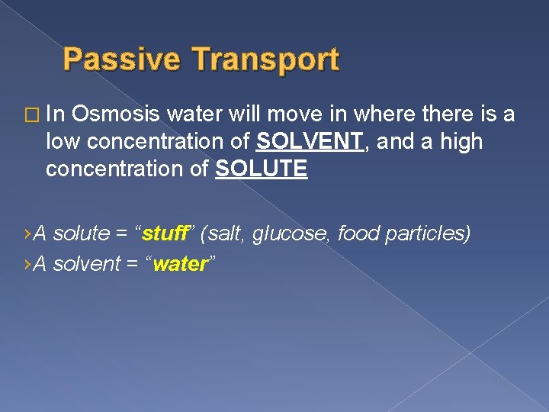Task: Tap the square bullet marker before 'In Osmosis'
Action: pos(30,115)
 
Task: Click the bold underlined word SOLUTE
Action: pos(262,169)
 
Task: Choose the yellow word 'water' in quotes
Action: pos(181,264)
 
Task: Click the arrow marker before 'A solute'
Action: pos(28,233)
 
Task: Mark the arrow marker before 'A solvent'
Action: pos(28,265)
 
